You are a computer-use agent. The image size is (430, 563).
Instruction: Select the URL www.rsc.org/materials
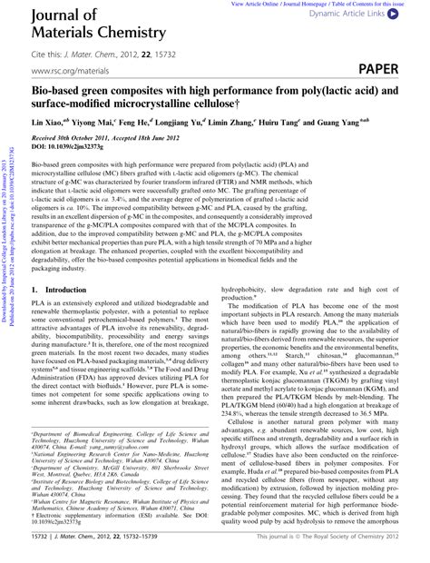pyautogui.click(x=65, y=70)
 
